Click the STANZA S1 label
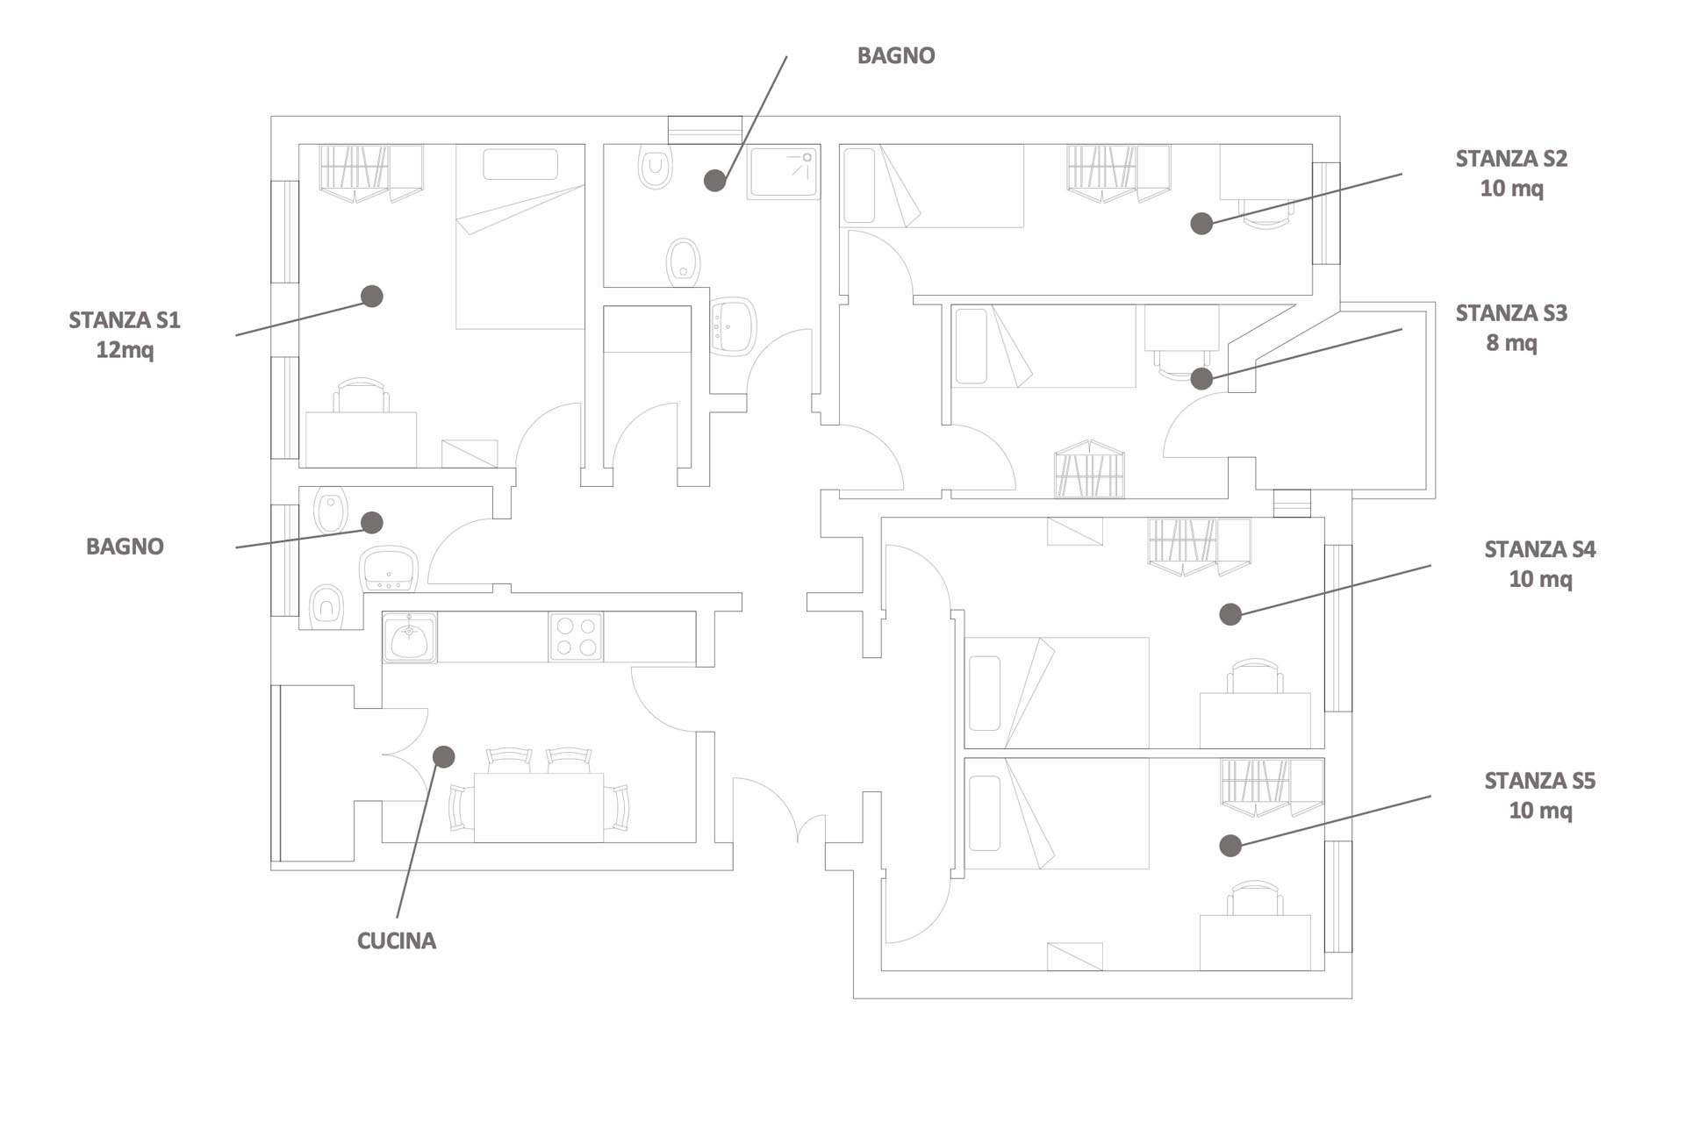point(125,320)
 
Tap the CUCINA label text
point(397,941)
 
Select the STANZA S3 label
point(1511,313)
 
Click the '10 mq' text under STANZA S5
point(1540,811)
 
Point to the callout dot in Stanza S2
point(1201,224)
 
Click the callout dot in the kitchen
point(444,756)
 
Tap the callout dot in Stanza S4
point(1230,614)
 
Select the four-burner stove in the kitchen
point(576,637)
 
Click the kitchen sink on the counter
point(410,637)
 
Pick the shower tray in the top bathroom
point(783,172)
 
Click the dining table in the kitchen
point(539,807)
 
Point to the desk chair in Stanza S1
point(361,395)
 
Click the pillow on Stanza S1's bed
point(520,165)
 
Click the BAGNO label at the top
point(896,55)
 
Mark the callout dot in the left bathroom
point(372,523)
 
